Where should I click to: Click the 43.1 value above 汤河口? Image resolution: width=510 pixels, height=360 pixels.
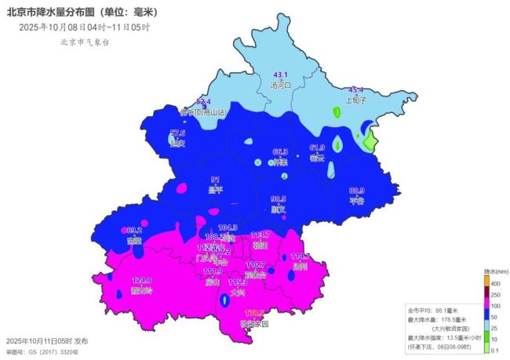(280, 75)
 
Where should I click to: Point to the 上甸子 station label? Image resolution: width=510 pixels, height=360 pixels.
(357, 100)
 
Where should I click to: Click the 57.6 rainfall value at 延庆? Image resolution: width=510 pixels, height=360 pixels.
(178, 133)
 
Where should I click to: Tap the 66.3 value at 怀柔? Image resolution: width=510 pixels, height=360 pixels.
(280, 151)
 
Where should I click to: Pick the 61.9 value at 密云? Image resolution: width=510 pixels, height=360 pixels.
(317, 147)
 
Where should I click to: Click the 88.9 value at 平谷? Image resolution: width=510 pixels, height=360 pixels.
(357, 191)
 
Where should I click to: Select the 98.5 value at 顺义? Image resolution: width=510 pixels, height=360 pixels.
(279, 199)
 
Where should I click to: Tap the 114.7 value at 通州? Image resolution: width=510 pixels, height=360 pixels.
(301, 256)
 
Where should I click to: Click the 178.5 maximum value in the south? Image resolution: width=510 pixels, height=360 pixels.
(254, 313)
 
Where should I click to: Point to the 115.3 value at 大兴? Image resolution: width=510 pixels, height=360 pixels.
(236, 282)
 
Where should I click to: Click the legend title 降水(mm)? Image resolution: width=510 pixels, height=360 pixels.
(495, 271)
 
